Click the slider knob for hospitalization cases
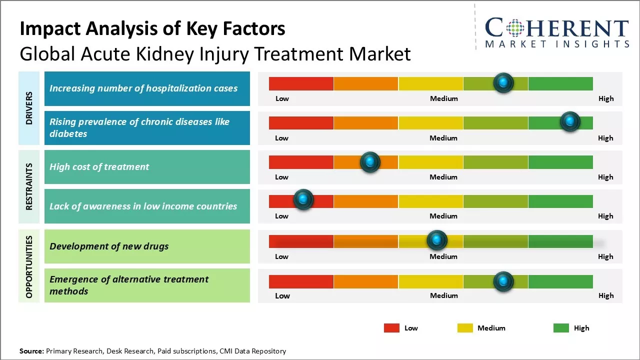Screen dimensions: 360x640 pos(503,82)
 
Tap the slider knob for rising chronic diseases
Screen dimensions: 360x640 pos(569,121)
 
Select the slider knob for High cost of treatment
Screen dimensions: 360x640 pos(370,161)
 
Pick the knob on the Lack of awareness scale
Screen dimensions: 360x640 pos(303,199)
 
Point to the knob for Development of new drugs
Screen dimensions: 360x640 pos(437,240)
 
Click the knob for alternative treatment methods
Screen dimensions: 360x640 pos(503,281)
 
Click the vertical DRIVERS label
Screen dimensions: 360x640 pos(29,108)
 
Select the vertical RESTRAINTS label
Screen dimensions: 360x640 pos(29,186)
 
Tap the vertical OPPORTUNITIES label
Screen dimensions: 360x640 pos(29,266)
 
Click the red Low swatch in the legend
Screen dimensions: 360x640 pos(391,328)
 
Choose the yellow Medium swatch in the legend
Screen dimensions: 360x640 pos(465,328)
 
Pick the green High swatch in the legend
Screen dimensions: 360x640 pos(561,328)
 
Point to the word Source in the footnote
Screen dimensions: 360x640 pos(31,351)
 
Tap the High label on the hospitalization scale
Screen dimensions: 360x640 pos(606,98)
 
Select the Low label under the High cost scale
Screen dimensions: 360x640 pos(281,177)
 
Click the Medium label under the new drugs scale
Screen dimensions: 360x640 pos(443,256)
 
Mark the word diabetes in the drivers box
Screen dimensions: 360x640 pos(68,134)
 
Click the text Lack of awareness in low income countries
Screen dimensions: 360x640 pos(143,206)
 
